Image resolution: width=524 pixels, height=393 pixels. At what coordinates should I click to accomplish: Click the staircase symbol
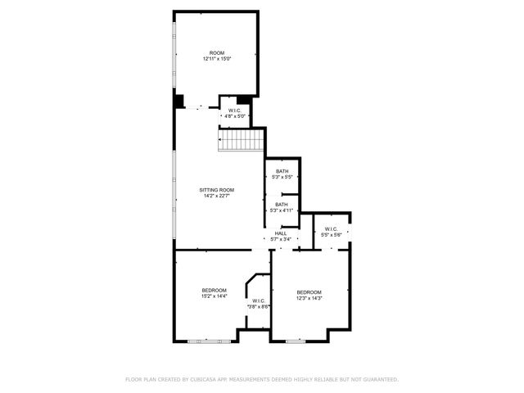point(239,142)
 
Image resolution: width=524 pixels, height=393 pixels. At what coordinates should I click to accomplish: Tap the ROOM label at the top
point(217,53)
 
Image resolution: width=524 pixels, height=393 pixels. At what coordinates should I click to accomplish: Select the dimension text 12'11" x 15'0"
point(217,59)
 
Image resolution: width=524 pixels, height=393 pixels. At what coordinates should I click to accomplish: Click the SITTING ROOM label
point(217,190)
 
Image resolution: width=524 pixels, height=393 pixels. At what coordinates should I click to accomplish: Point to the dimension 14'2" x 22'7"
point(217,196)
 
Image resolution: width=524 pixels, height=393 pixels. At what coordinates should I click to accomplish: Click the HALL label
point(281,233)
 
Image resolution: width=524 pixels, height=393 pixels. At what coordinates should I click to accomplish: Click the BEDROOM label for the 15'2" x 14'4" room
point(215,290)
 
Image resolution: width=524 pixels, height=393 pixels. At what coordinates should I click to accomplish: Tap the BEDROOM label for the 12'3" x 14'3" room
point(309,292)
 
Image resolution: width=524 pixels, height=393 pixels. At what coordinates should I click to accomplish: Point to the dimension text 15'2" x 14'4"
point(215,296)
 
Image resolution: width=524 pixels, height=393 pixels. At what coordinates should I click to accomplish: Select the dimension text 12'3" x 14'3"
point(309,298)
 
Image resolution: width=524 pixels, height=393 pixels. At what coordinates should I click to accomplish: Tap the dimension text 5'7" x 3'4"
point(281,239)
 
